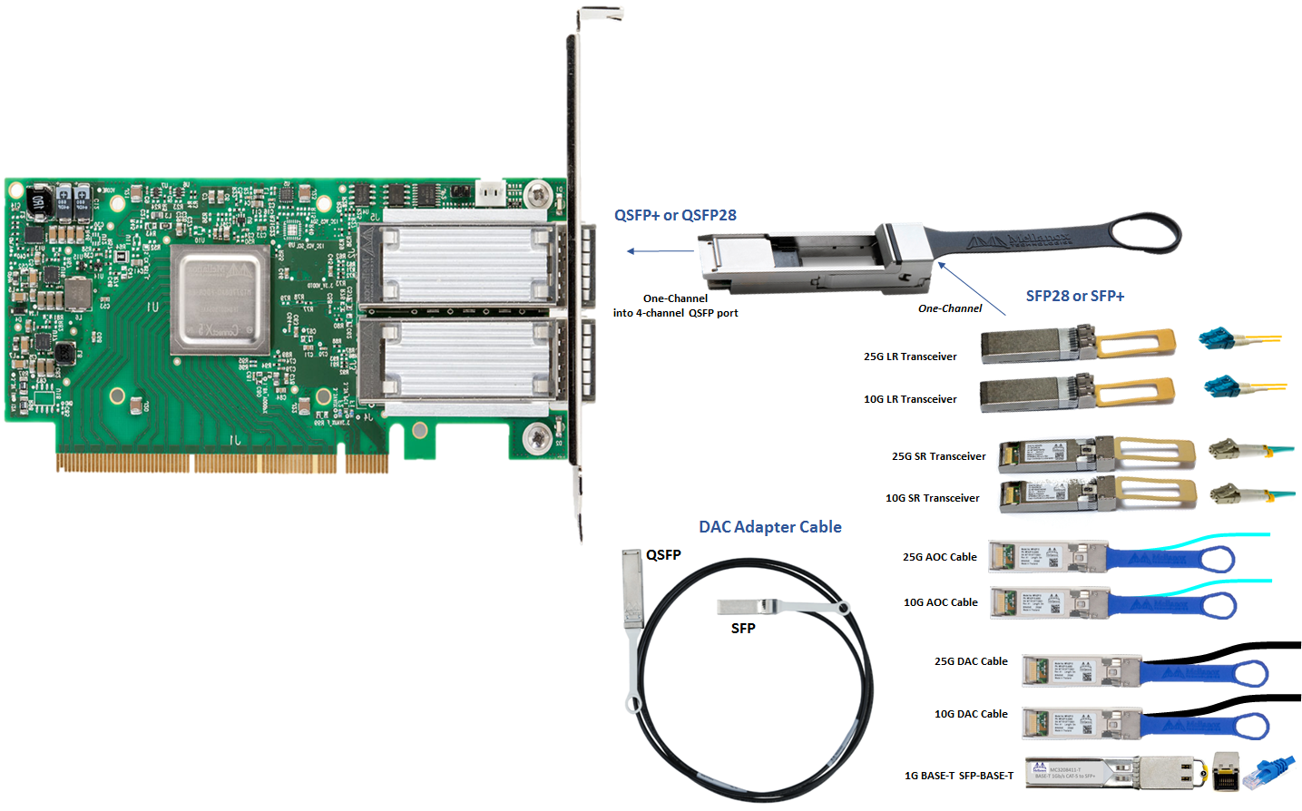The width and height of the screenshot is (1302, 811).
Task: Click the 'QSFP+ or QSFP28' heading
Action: (675, 215)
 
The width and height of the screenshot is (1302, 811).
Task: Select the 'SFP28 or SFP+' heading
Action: (1074, 296)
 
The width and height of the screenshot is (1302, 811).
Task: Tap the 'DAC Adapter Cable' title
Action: (769, 527)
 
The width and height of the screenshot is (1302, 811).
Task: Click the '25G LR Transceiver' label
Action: (910, 357)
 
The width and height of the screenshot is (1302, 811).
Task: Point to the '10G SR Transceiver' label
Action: (932, 498)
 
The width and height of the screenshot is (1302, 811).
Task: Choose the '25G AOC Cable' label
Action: (939, 557)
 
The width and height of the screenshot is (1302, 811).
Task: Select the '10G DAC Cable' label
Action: (971, 714)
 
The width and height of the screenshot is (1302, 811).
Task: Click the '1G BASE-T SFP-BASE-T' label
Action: (958, 776)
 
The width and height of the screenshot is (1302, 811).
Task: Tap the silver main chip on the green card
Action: (220, 299)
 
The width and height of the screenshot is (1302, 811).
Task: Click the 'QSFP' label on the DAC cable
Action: (663, 554)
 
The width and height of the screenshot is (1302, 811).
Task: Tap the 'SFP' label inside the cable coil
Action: (743, 628)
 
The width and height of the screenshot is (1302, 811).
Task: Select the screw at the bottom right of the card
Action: (536, 439)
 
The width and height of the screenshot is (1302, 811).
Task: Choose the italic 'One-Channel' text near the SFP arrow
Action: (949, 308)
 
